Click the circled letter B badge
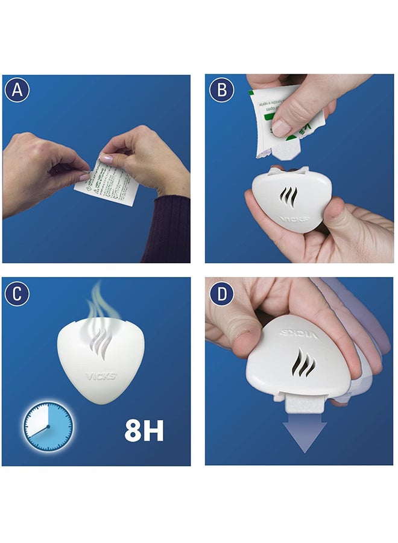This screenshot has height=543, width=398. pyautogui.click(x=221, y=90)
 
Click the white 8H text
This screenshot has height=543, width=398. pyautogui.click(x=144, y=430)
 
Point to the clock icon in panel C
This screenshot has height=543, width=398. pyautogui.click(x=48, y=424)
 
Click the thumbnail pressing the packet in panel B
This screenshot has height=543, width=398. pyautogui.click(x=280, y=127)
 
